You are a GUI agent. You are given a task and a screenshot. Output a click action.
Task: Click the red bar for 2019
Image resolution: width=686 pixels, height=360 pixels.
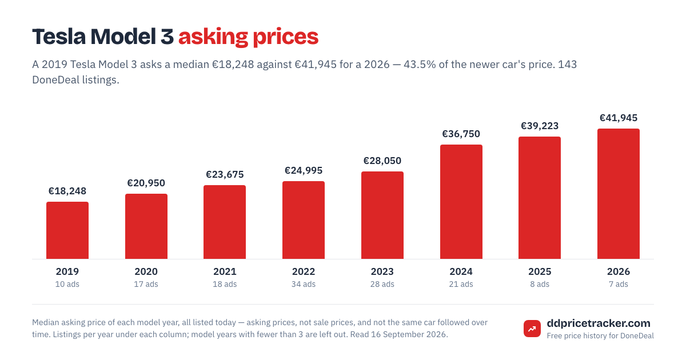click(67, 230)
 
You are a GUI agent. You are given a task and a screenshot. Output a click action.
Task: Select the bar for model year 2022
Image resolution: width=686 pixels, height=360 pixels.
click(304, 220)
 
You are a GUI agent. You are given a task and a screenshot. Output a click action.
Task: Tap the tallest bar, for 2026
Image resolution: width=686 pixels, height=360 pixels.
click(619, 194)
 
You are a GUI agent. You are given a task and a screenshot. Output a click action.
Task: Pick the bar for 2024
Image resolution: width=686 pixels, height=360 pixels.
click(461, 202)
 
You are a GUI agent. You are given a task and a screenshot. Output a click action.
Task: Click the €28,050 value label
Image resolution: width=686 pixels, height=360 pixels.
click(382, 161)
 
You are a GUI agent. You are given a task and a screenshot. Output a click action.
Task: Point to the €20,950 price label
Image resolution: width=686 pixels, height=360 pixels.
click(146, 183)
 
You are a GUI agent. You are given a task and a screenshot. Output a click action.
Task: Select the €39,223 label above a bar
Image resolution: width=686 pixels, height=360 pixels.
click(540, 126)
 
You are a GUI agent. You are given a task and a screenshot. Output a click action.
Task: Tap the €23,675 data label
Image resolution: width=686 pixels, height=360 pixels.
click(225, 174)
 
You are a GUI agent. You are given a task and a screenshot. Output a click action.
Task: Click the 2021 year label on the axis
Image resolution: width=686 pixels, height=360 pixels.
click(225, 271)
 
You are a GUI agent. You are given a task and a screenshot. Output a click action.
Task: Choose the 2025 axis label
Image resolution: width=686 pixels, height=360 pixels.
click(540, 271)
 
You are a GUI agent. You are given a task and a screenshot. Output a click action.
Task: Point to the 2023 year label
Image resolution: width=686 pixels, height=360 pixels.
click(382, 271)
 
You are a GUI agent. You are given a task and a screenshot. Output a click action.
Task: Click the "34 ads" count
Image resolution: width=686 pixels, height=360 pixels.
click(304, 285)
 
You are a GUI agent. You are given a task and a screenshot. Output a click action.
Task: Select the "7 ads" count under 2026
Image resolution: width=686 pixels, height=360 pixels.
click(619, 285)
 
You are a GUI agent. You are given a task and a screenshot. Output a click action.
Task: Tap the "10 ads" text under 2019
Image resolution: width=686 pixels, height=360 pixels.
click(67, 285)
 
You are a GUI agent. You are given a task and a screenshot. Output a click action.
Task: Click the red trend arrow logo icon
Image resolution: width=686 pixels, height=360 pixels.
click(532, 329)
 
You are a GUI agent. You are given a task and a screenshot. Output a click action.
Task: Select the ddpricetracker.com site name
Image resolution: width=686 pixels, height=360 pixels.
click(599, 323)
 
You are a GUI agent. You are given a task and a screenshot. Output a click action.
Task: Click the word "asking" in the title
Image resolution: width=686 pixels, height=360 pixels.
click(213, 37)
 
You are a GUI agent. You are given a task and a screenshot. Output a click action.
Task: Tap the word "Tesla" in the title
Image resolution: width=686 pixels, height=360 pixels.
click(59, 37)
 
